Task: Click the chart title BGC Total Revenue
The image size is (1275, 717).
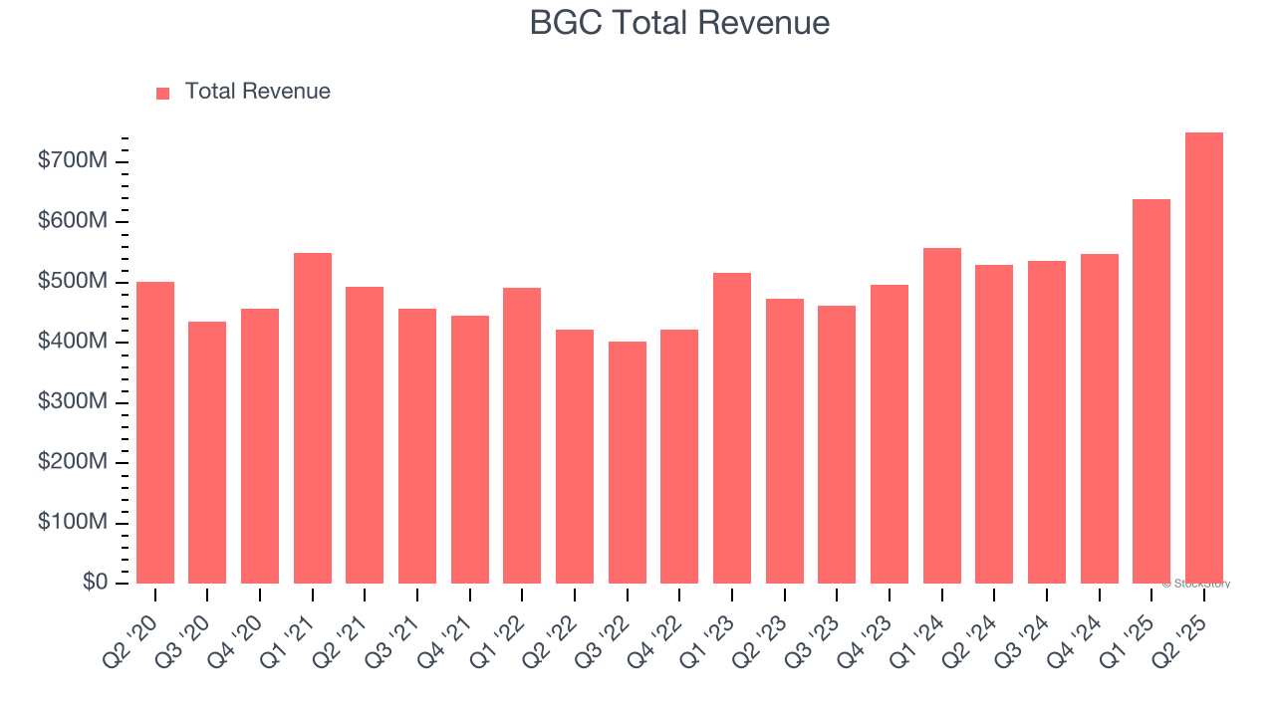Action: coord(679,23)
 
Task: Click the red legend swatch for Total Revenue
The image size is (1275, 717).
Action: coord(163,93)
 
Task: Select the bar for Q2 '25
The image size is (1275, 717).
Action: coord(1203,358)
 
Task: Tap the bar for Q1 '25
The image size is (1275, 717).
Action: coord(1151,391)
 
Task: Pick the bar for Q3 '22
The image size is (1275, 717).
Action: coord(628,462)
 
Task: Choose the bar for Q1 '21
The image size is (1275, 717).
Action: coord(313,418)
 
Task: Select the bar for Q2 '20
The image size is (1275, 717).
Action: coord(155,432)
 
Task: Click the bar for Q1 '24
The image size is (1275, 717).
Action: coord(942,415)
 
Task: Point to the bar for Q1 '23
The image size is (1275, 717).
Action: coord(732,428)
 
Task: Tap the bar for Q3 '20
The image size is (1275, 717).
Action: coord(207,452)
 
